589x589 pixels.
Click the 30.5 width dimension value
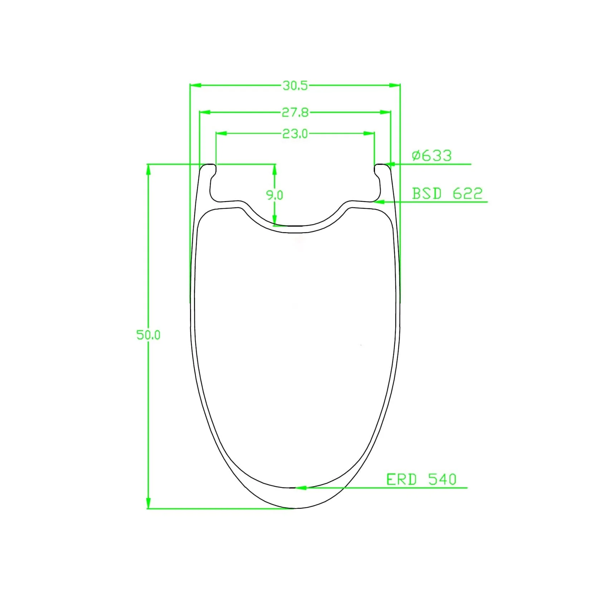pyautogui.click(x=295, y=86)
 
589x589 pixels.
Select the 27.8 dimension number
pyautogui.click(x=295, y=113)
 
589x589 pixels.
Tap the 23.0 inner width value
pyautogui.click(x=295, y=134)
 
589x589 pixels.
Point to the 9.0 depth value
pyautogui.click(x=274, y=195)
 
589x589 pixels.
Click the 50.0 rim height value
pyautogui.click(x=148, y=335)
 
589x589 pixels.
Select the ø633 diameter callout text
pyautogui.click(x=432, y=156)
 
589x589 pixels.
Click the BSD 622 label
pyautogui.click(x=447, y=194)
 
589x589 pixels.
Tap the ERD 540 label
pyautogui.click(x=422, y=479)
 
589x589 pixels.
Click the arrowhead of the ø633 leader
pyautogui.click(x=392, y=164)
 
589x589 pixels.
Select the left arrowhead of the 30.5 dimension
pyautogui.click(x=195, y=86)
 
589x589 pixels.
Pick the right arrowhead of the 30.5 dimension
pyautogui.click(x=395, y=86)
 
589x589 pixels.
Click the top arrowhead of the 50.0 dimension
pyautogui.click(x=148, y=170)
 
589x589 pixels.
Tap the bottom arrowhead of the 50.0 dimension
pyautogui.click(x=148, y=503)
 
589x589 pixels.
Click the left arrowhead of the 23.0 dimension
pyautogui.click(x=222, y=133)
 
